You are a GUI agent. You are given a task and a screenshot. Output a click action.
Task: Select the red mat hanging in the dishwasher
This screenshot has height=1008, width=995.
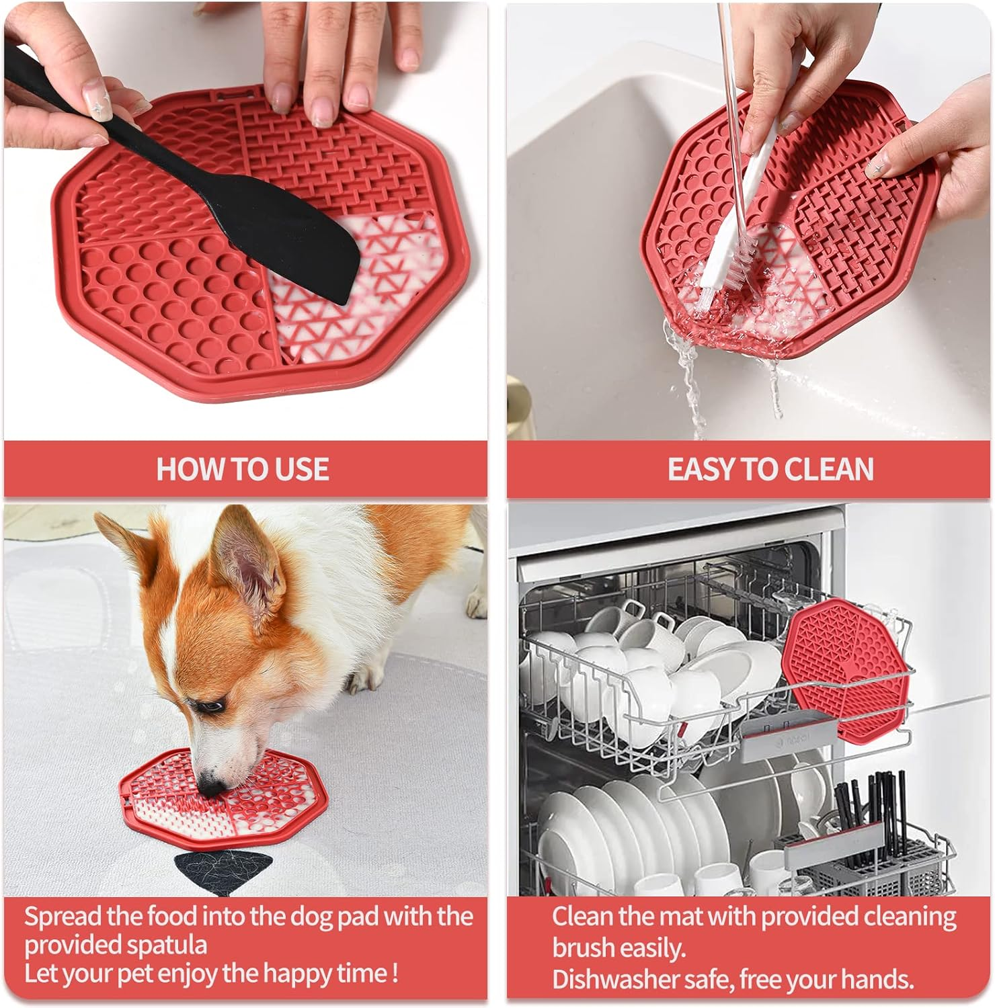844,672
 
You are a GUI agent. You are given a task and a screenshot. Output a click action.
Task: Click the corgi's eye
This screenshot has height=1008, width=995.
213,707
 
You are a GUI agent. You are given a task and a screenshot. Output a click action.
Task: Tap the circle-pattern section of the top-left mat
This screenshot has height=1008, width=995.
168,296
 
